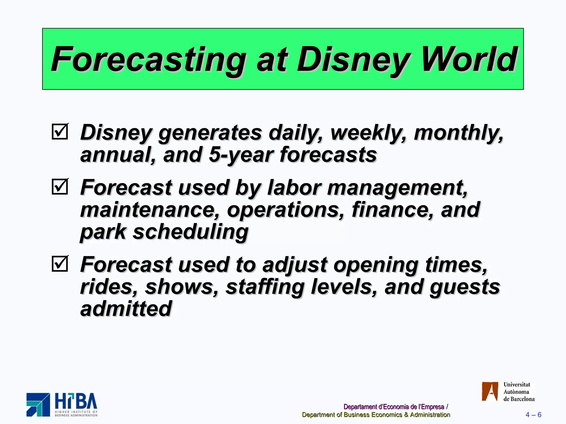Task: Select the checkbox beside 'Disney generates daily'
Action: tap(60, 132)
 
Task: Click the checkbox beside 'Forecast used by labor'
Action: tap(60, 187)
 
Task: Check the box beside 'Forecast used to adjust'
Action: tap(60, 264)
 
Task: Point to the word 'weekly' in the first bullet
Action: tap(368, 133)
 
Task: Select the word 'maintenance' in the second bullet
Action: tap(150, 210)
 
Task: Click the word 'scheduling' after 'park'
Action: tap(191, 232)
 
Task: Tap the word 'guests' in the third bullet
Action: tap(465, 287)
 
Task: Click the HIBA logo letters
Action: tap(76, 401)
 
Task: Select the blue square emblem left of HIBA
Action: tap(38, 404)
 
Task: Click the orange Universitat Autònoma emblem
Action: tap(490, 391)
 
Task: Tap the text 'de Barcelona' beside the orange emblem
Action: tap(519, 399)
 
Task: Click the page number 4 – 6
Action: tap(533, 415)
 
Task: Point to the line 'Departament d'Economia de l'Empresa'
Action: tap(394, 407)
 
